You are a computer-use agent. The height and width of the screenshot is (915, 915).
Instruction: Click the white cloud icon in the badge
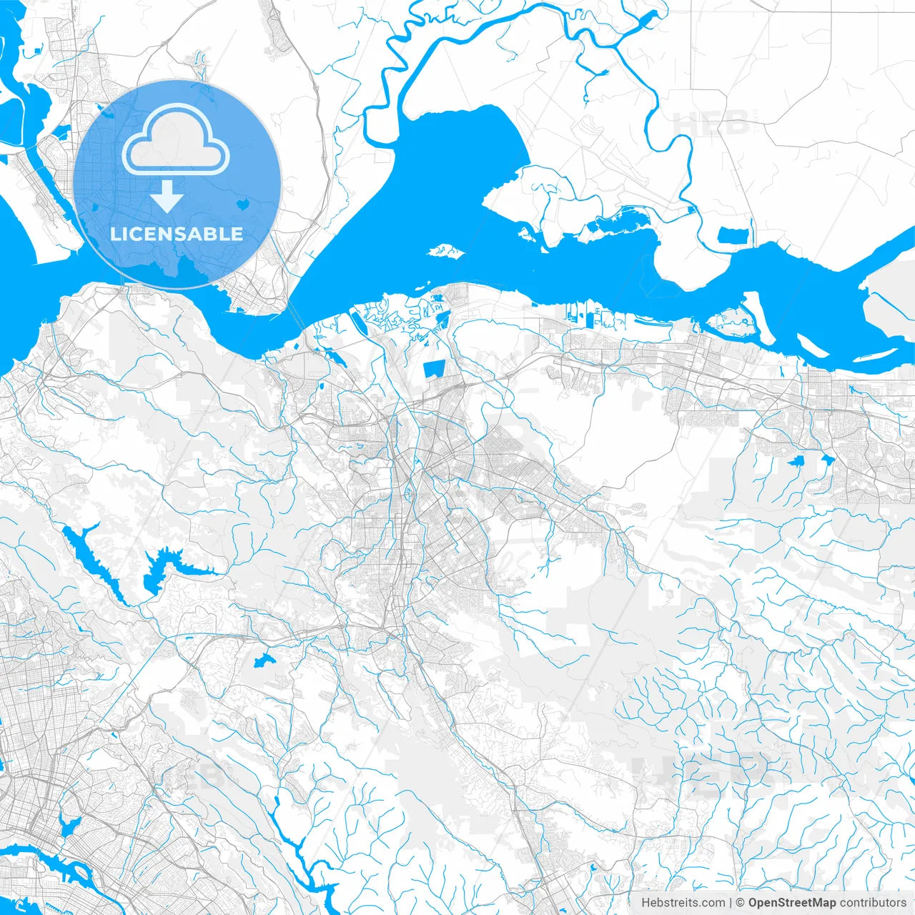coord(176,139)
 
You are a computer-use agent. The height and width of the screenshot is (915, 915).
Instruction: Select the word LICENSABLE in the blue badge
coord(177,234)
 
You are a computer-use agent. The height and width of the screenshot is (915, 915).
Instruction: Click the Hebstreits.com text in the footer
coord(683,903)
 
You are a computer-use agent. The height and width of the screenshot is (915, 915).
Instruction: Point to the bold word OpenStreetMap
coord(792,903)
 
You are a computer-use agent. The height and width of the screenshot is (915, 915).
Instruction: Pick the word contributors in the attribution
coord(873,903)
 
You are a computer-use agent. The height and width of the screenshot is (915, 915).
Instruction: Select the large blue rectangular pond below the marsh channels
coord(434,369)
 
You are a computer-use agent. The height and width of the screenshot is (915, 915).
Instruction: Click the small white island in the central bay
coord(446,251)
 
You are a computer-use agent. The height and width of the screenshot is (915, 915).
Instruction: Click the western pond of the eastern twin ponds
coord(796,461)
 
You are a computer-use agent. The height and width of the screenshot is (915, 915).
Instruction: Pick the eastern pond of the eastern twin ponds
coord(827,459)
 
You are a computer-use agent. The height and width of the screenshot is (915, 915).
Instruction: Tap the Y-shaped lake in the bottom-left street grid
coord(70,826)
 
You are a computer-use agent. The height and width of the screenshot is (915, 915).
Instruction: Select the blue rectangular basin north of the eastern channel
coord(733,234)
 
